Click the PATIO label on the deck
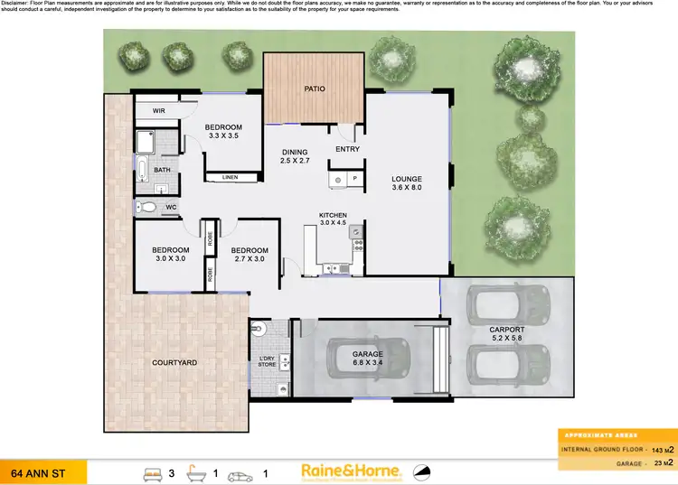click(314, 89)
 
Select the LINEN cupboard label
click(231, 177)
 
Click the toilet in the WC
click(146, 208)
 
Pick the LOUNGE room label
click(407, 179)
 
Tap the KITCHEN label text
click(333, 215)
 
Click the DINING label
click(295, 152)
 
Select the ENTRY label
click(347, 149)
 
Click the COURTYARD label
click(175, 362)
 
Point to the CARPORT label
click(506, 330)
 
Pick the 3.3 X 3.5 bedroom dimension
click(222, 136)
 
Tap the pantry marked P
click(355, 180)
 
